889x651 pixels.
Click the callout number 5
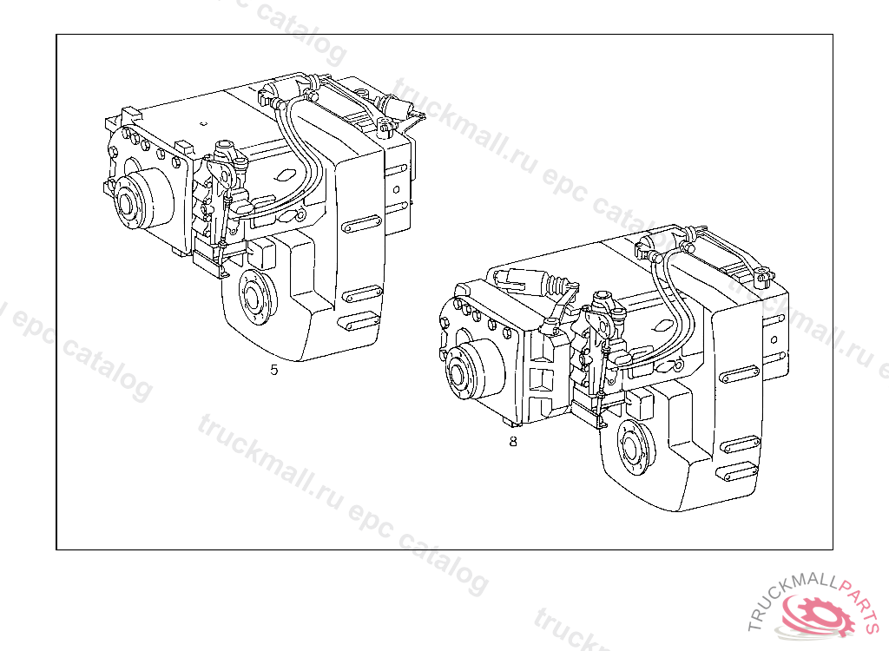click(x=274, y=370)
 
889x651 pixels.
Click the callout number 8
click(x=513, y=441)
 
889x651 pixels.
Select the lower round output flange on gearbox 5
click(x=256, y=297)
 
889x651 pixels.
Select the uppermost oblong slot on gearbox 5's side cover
click(x=362, y=224)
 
